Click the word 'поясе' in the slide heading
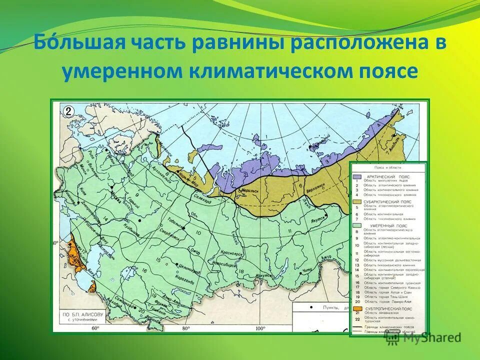[x=385, y=71]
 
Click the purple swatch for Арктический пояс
[x=357, y=177]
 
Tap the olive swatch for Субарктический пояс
[x=357, y=201]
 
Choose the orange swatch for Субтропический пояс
[x=357, y=309]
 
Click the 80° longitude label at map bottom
[x=185, y=328]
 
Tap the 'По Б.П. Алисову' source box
[x=82, y=317]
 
